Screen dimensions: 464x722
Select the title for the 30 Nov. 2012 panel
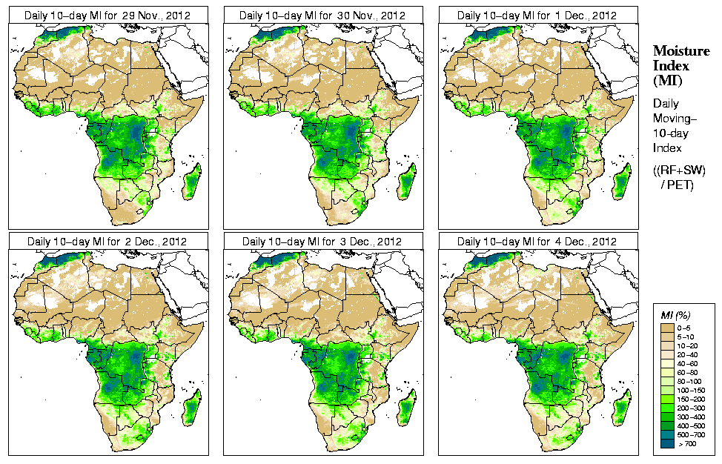click(322, 15)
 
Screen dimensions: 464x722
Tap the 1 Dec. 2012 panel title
click(537, 15)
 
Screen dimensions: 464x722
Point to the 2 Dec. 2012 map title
click(107, 242)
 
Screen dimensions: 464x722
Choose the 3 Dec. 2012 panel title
click(322, 242)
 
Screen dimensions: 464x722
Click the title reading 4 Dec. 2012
click(537, 242)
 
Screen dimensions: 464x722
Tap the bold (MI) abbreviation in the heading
click(666, 79)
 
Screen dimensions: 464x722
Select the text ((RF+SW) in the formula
click(679, 170)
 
